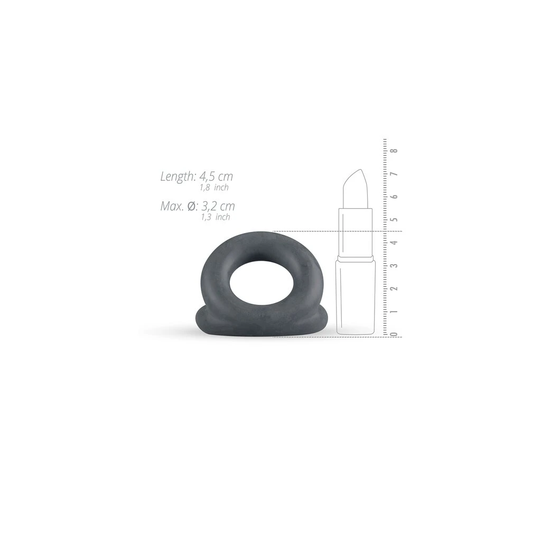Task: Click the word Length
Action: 178,176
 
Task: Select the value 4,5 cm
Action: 216,176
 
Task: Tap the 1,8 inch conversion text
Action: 214,188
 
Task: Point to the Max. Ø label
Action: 179,206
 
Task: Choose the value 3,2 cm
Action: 218,206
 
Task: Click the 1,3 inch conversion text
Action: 216,217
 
